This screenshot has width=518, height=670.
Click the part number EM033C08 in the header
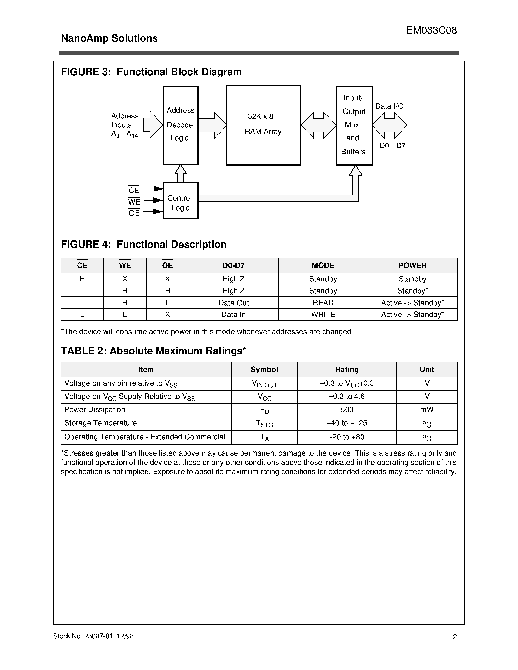pos(431,30)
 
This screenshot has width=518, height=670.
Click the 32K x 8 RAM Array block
pos(263,125)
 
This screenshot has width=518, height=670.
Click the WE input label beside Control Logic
pos(134,201)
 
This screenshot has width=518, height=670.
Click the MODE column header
pos(323,265)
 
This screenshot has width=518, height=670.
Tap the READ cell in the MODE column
pos(323,303)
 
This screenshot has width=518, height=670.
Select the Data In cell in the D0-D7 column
pos(234,315)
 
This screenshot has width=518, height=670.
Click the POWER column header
pos(412,265)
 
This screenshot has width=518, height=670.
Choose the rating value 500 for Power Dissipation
pos(347,410)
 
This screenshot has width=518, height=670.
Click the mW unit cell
pos(427,410)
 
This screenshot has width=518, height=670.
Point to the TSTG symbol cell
pos(264,424)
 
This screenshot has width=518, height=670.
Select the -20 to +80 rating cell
pos(347,437)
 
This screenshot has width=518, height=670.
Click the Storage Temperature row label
pos(100,423)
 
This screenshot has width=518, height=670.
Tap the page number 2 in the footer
pos(455,637)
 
